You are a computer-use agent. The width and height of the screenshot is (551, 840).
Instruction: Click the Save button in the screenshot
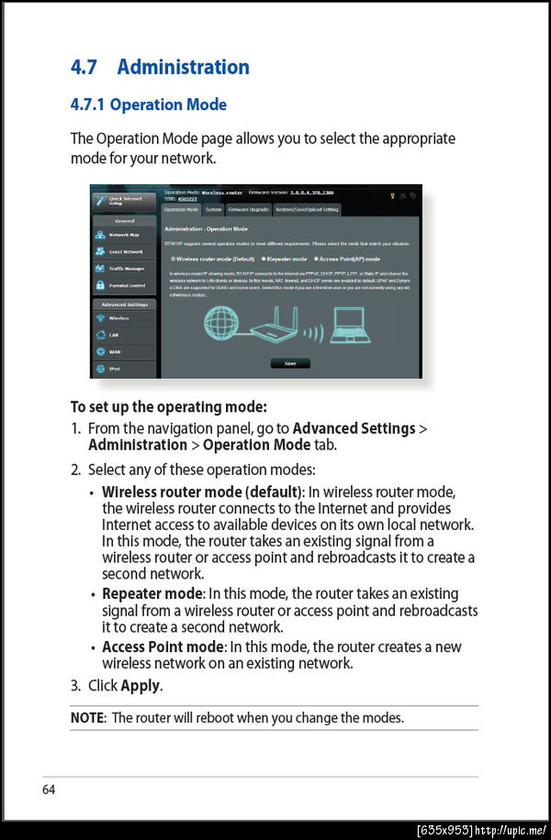click(x=290, y=363)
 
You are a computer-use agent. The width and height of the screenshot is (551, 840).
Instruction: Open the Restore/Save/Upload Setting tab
click(x=308, y=209)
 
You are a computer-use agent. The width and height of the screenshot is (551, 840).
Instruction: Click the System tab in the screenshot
click(x=213, y=209)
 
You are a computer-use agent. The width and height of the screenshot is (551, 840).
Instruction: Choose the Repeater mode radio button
click(x=264, y=259)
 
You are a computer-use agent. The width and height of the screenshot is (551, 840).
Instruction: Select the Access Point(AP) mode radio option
click(x=315, y=259)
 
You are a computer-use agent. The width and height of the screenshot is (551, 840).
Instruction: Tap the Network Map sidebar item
click(x=123, y=235)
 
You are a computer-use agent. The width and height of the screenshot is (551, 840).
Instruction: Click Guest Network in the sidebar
click(x=124, y=251)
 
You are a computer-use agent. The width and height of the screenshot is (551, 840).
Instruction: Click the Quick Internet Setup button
click(x=123, y=200)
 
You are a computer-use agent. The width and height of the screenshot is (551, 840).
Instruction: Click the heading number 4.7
click(x=84, y=67)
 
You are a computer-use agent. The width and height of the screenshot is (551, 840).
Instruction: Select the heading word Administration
click(x=183, y=67)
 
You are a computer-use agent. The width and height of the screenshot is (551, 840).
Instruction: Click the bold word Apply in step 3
click(x=141, y=685)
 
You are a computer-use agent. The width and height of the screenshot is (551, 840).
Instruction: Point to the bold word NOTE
click(x=87, y=717)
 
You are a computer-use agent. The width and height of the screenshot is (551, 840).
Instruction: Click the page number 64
click(x=48, y=789)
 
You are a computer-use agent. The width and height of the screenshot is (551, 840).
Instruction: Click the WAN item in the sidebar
click(x=115, y=351)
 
